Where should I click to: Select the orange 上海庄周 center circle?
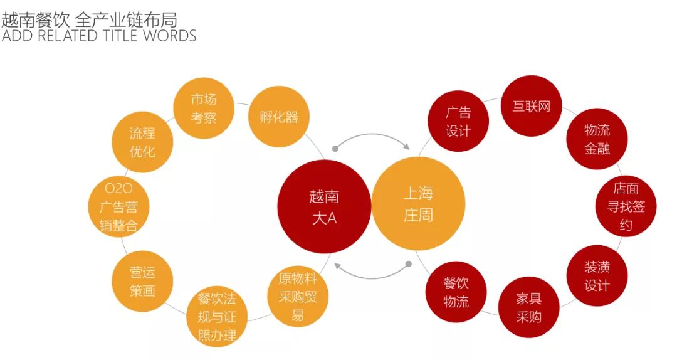point(418,204)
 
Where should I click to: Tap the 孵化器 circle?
point(279,117)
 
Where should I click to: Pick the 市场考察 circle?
point(204,108)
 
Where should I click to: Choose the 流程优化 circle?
point(142,142)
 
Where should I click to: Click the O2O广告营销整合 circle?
point(118,208)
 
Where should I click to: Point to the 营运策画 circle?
point(142,282)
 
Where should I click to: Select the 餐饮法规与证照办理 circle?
point(217,317)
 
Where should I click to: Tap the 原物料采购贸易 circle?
point(298,297)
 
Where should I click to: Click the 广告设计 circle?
point(458,122)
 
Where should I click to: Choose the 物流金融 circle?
point(596,139)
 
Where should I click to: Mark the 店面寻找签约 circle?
point(626,206)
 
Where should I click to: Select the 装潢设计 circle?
point(597,276)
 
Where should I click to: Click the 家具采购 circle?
point(528,307)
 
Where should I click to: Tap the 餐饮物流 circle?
point(456,292)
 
